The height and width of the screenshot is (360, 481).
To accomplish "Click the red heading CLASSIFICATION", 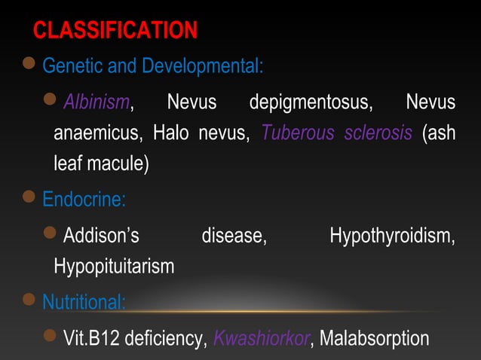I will [115, 31].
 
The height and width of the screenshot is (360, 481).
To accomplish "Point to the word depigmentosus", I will [311, 102].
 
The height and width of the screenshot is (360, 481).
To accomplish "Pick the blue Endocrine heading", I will [84, 200].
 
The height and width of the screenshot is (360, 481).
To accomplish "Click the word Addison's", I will [101, 236].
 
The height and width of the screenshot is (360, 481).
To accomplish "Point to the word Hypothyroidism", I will [392, 236].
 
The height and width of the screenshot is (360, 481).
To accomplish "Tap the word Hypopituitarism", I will [114, 266].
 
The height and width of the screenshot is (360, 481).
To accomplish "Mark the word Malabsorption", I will [375, 337].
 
